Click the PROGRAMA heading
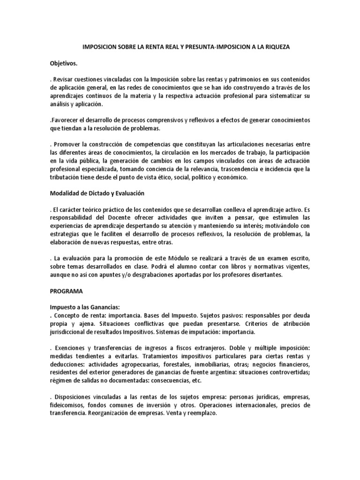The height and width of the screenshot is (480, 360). coord(66,291)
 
